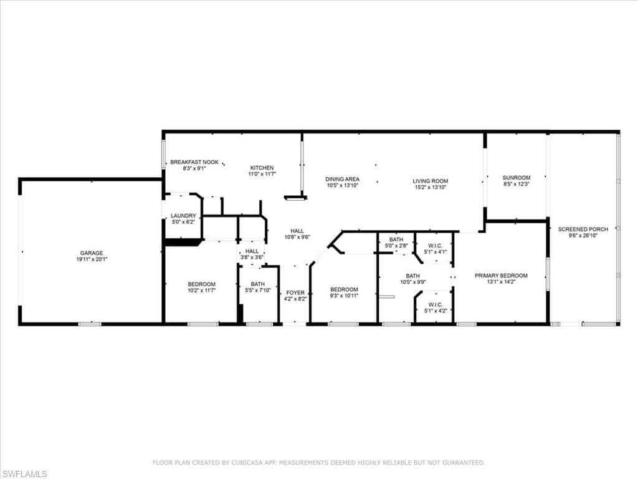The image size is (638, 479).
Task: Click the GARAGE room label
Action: tap(92, 253)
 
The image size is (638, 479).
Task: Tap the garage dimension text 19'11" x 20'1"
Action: tap(92, 259)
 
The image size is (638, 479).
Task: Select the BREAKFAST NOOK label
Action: tap(194, 162)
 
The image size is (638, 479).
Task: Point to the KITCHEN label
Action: tap(262, 168)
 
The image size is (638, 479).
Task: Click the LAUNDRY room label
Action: tap(183, 216)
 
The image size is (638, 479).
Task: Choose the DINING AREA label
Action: tap(342, 179)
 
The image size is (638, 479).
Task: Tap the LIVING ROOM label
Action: tap(430, 181)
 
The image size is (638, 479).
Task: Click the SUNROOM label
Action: tap(517, 178)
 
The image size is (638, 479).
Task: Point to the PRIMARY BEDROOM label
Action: tap(501, 276)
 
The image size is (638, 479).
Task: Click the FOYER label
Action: tap(295, 293)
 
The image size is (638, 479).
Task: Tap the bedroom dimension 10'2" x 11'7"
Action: tap(201, 291)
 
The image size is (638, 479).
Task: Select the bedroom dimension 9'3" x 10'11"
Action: tap(344, 296)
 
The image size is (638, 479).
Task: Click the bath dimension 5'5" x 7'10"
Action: tap(257, 291)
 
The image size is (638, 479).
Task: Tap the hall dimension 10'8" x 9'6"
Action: tap(297, 237)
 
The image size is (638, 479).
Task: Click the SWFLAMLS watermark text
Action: tap(24, 474)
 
